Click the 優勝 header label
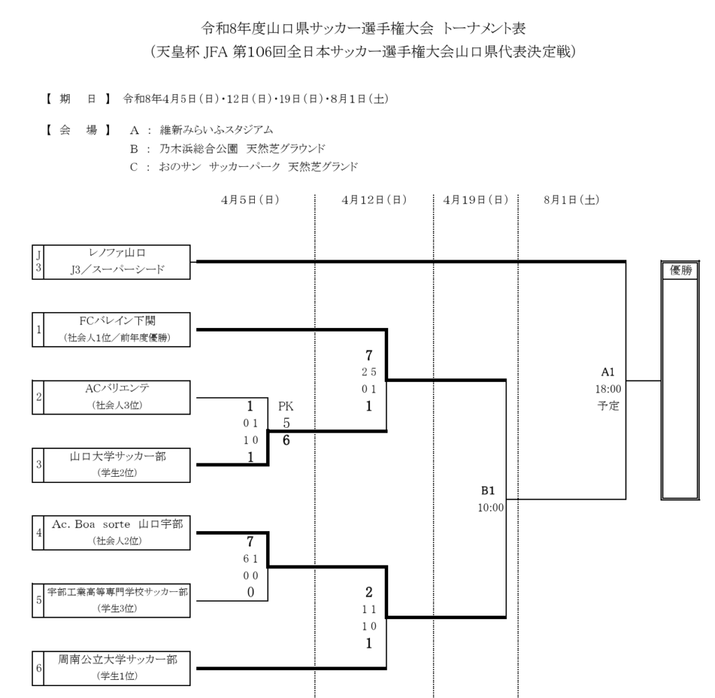point(681,271)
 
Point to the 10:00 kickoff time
point(489,507)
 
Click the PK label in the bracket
point(286,405)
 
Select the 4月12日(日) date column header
point(374,200)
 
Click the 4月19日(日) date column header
point(476,200)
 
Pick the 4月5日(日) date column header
point(250,200)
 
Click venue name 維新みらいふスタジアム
point(216,130)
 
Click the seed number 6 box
point(39,667)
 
